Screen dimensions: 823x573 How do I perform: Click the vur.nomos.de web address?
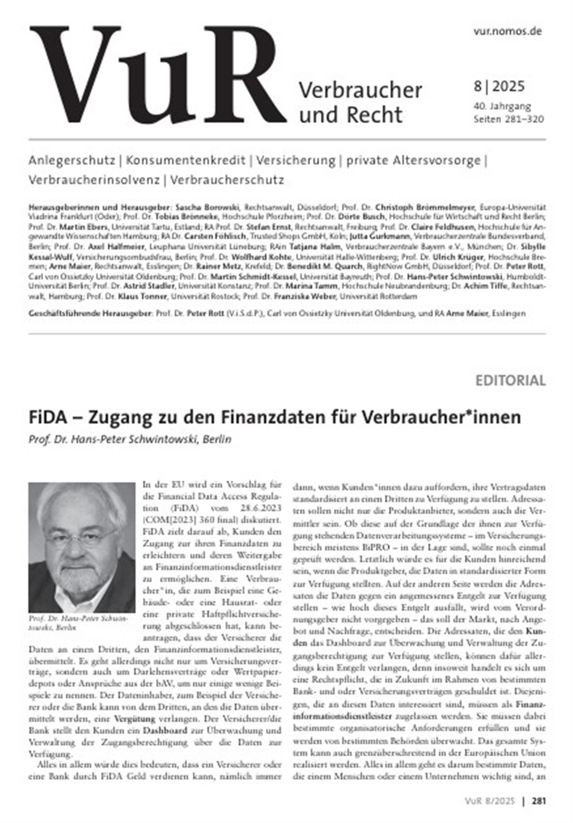tap(507, 31)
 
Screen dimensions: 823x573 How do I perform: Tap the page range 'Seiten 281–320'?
tap(509, 119)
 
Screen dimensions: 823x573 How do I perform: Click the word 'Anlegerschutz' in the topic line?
tap(72, 160)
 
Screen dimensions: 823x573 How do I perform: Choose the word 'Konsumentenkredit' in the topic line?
tap(186, 160)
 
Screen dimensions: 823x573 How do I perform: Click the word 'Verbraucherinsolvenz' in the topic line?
tap(94, 180)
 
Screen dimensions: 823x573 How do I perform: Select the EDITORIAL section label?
tap(510, 380)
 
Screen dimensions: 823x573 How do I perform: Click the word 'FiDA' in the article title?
tap(48, 418)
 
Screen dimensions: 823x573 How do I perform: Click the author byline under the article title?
tap(130, 439)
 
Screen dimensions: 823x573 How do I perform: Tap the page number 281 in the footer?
tap(539, 801)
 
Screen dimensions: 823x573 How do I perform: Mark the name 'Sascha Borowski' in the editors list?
tap(208, 208)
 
